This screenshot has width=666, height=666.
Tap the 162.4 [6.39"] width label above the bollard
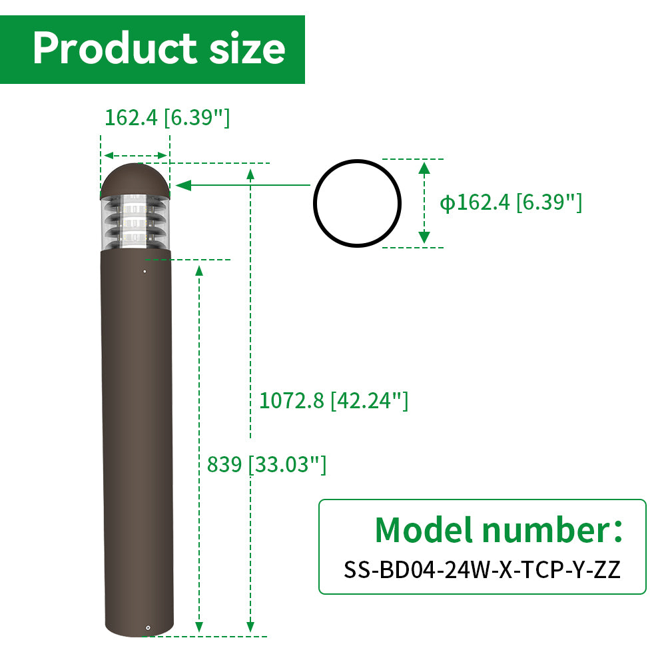point(167,117)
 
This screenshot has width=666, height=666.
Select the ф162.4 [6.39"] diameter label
point(511,202)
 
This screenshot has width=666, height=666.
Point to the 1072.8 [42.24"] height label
point(333,400)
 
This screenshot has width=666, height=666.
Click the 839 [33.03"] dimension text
point(266,464)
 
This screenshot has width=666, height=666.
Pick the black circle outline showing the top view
point(357,204)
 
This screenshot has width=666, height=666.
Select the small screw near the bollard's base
point(148,627)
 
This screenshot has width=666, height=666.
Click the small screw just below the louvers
point(145,271)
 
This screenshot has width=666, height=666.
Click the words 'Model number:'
point(499,529)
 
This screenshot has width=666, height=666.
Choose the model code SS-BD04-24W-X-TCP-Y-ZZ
point(482,569)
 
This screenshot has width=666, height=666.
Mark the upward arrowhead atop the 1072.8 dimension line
point(250,174)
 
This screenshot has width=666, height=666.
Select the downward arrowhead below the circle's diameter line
point(424,236)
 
